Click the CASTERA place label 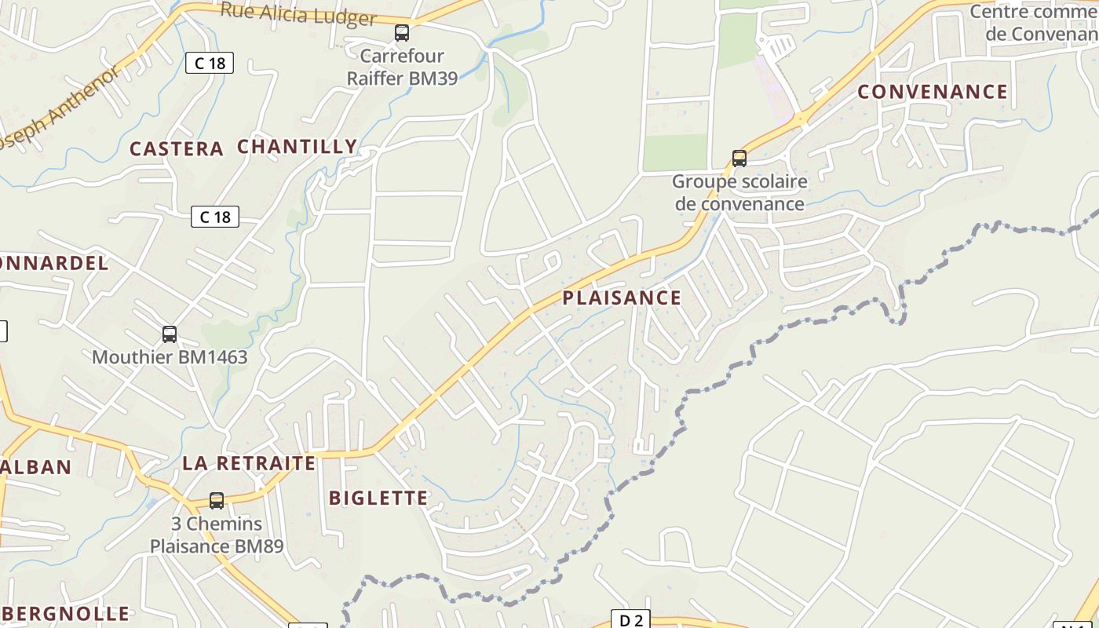(x=176, y=149)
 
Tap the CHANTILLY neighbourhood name (x=297, y=147)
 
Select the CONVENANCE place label (x=932, y=92)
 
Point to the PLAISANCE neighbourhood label (x=622, y=298)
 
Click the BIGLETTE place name (x=378, y=498)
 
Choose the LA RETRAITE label (x=249, y=463)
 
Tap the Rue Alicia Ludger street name (x=298, y=14)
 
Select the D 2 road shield (x=630, y=620)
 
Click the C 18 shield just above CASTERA (x=210, y=63)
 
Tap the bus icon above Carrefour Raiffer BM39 (x=402, y=33)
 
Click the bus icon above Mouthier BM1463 (x=170, y=334)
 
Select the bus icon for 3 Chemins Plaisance (x=217, y=500)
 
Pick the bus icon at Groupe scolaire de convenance (x=739, y=159)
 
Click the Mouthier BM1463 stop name (x=170, y=358)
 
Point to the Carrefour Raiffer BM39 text (x=402, y=68)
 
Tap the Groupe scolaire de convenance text (x=739, y=193)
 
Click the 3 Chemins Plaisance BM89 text (x=217, y=535)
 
